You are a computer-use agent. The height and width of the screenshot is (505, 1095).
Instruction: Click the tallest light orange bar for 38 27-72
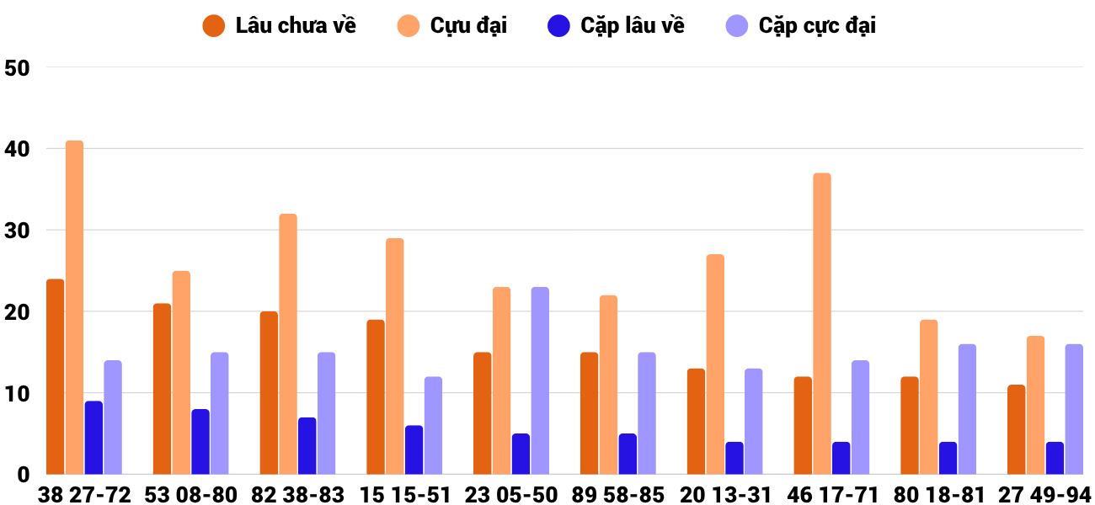pyautogui.click(x=74, y=307)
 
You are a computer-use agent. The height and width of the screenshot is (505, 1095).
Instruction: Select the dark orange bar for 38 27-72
pyautogui.click(x=56, y=376)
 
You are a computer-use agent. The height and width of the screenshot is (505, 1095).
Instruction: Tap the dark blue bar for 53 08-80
pyautogui.click(x=200, y=442)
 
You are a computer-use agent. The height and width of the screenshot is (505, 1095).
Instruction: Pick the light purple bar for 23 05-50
pyautogui.click(x=540, y=380)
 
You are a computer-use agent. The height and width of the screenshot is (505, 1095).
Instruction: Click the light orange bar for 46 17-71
pyautogui.click(x=822, y=323)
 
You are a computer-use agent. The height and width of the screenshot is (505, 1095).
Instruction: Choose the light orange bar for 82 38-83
pyautogui.click(x=288, y=344)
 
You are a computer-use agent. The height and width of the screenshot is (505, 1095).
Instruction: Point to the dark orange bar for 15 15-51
pyautogui.click(x=376, y=397)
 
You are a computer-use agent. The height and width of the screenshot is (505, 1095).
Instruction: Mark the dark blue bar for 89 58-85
pyautogui.click(x=628, y=454)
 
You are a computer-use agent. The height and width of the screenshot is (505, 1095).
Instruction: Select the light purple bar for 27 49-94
pyautogui.click(x=1074, y=409)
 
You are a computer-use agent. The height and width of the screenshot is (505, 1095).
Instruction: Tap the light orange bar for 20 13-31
pyautogui.click(x=715, y=364)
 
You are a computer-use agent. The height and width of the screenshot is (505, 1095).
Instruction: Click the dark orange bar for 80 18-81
pyautogui.click(x=910, y=425)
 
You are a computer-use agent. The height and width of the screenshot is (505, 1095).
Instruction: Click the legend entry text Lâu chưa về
pyautogui.click(x=296, y=26)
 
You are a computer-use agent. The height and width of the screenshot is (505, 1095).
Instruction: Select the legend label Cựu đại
pyautogui.click(x=468, y=26)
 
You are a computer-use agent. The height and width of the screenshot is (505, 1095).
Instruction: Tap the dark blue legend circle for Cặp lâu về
pyautogui.click(x=558, y=26)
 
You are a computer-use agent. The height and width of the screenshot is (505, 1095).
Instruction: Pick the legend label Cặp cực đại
pyautogui.click(x=817, y=26)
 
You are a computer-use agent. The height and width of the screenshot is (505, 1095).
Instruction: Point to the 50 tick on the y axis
pyautogui.click(x=17, y=68)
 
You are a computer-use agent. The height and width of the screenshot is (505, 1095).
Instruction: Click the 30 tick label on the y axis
pyautogui.click(x=17, y=231)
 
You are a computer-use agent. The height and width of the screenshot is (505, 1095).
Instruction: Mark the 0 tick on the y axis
pyautogui.click(x=24, y=475)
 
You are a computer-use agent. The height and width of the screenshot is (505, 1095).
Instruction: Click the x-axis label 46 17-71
pyautogui.click(x=832, y=495)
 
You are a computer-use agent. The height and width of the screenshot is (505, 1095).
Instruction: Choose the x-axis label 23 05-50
pyautogui.click(x=510, y=495)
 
